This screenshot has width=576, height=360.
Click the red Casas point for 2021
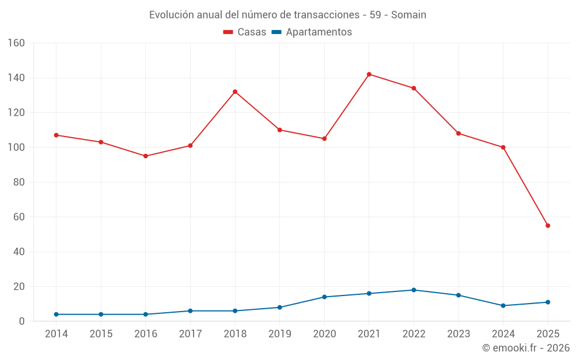[369, 74]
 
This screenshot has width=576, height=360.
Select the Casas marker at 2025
[548, 226]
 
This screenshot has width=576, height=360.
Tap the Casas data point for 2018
[235, 92]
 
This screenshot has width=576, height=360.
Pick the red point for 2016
[146, 156]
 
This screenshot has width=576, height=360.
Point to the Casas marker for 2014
[56, 135]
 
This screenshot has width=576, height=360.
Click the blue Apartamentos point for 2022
[414, 290]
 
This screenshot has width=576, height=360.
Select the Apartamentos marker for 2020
[324, 297]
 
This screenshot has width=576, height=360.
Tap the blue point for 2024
[503, 306]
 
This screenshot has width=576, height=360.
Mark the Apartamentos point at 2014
[56, 314]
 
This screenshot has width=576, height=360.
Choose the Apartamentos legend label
[319, 32]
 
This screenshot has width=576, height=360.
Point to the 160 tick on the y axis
[17, 43]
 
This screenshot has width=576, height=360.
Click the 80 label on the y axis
[19, 183]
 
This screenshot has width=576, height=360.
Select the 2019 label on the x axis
[280, 334]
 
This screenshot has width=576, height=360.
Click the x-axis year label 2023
[458, 334]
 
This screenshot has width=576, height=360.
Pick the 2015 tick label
[101, 334]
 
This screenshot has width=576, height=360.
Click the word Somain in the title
[408, 15]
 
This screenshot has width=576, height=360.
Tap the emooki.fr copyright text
[526, 348]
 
